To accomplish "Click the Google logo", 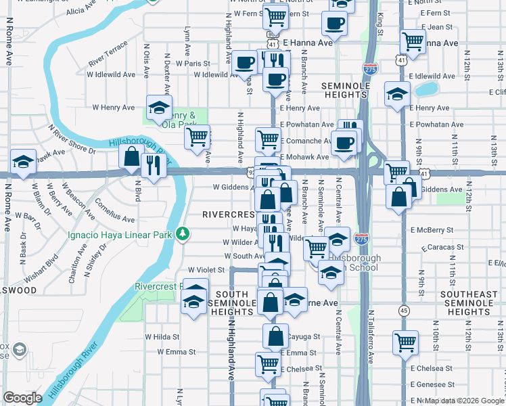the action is click(x=22, y=398).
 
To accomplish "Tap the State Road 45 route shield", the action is click(x=403, y=310).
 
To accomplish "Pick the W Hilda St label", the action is click(x=162, y=336).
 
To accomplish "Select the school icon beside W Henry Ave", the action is click(x=158, y=106).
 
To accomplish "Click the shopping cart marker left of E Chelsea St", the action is click(x=405, y=342).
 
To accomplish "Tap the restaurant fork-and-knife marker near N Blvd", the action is click(x=154, y=165).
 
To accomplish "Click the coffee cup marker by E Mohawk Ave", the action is click(x=344, y=143).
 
